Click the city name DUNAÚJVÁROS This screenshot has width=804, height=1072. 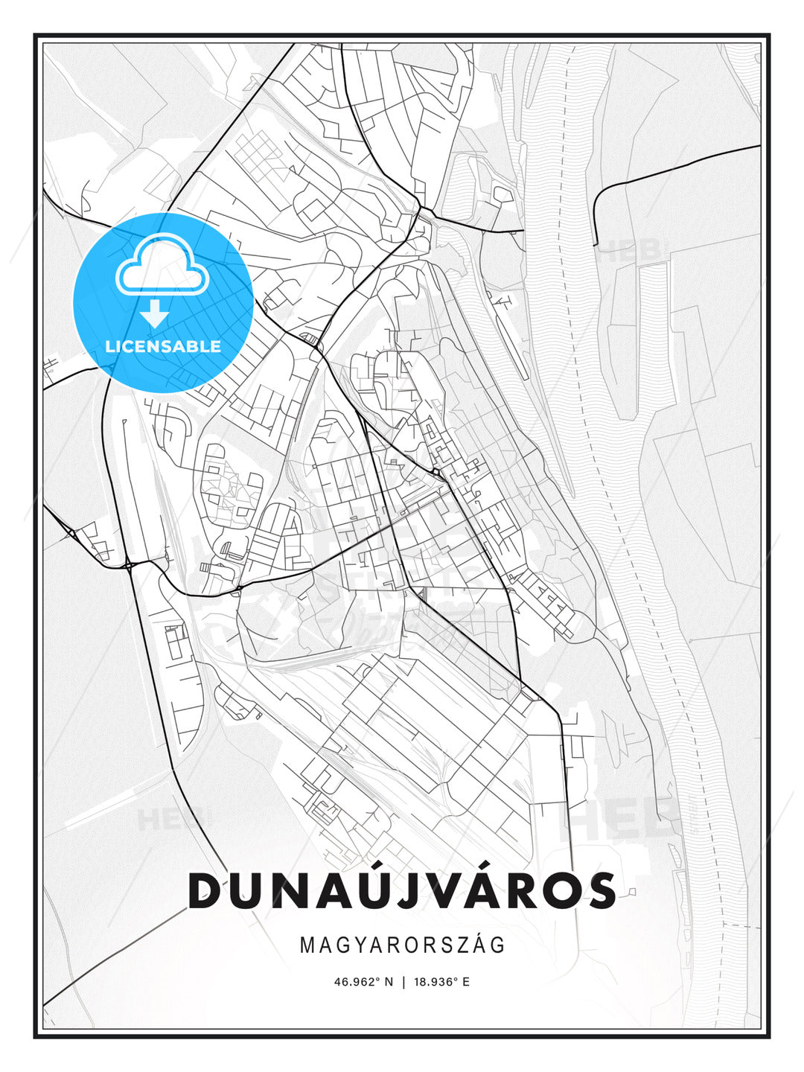402,890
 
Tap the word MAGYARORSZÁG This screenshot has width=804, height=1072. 402,945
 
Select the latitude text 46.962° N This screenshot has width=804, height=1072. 363,982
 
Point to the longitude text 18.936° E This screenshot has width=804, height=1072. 443,982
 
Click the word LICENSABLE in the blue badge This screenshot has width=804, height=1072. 163,346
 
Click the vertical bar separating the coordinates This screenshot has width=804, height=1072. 403,982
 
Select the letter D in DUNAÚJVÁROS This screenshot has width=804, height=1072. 207,891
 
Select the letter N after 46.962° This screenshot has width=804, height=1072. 388,982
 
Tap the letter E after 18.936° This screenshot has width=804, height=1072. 465,982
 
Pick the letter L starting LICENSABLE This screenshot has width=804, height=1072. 109,346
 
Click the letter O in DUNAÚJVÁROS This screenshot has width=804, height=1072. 555,891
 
